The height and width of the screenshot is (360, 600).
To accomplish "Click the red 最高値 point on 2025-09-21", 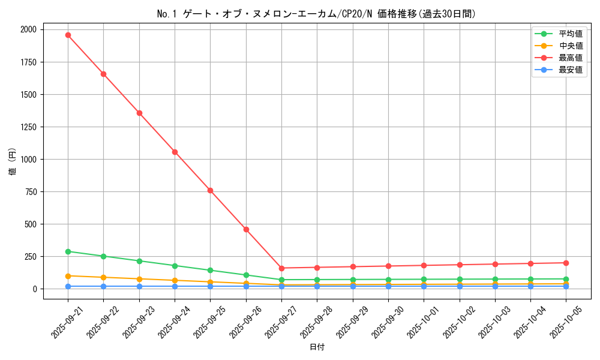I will point(68,35).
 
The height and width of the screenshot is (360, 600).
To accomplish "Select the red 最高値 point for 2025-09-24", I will point(175,152).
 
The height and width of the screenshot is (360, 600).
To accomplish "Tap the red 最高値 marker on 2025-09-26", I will point(246,229).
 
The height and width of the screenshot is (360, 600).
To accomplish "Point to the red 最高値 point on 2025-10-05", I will point(566,263).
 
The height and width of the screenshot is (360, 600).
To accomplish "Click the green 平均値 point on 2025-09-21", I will point(68,251).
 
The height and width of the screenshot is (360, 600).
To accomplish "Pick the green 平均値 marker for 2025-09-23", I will point(139,261).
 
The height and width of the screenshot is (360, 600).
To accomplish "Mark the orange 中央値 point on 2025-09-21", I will point(68,276).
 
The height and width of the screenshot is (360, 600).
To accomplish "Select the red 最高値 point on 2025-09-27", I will point(281,268).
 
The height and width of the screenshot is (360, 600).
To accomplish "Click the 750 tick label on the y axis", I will point(30,192).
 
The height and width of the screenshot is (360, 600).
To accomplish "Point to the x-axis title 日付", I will point(317,347).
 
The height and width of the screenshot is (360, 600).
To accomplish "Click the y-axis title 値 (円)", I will point(13,162).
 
